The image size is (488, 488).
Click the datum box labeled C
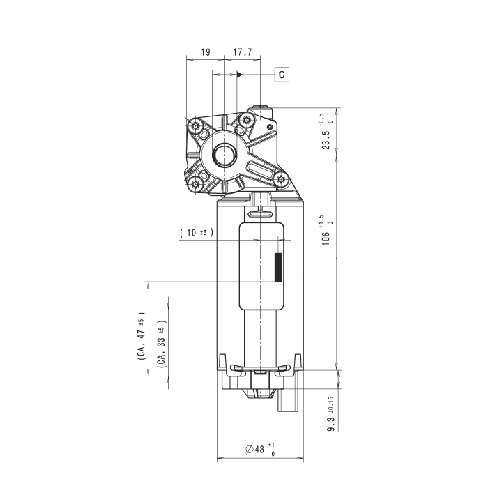point(282,75)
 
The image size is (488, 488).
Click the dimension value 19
point(206,52)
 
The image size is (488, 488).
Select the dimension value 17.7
point(243,52)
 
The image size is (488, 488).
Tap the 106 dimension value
point(326,230)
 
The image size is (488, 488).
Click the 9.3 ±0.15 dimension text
point(330,414)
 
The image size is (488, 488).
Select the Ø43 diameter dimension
point(260,449)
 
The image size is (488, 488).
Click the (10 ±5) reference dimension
point(197,232)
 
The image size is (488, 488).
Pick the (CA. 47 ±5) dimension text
point(142,336)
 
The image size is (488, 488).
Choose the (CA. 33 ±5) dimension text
point(162,344)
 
